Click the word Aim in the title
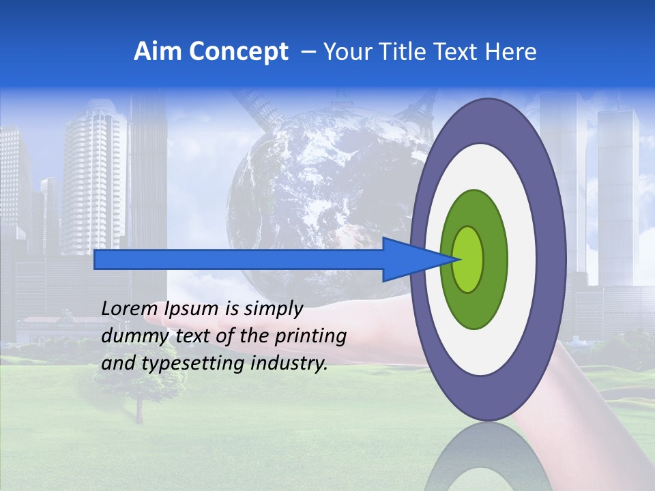[158, 52]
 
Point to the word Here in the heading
[512, 52]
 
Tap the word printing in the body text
[311, 336]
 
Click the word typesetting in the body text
[193, 363]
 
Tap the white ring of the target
[522, 259]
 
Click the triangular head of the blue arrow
[409, 259]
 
